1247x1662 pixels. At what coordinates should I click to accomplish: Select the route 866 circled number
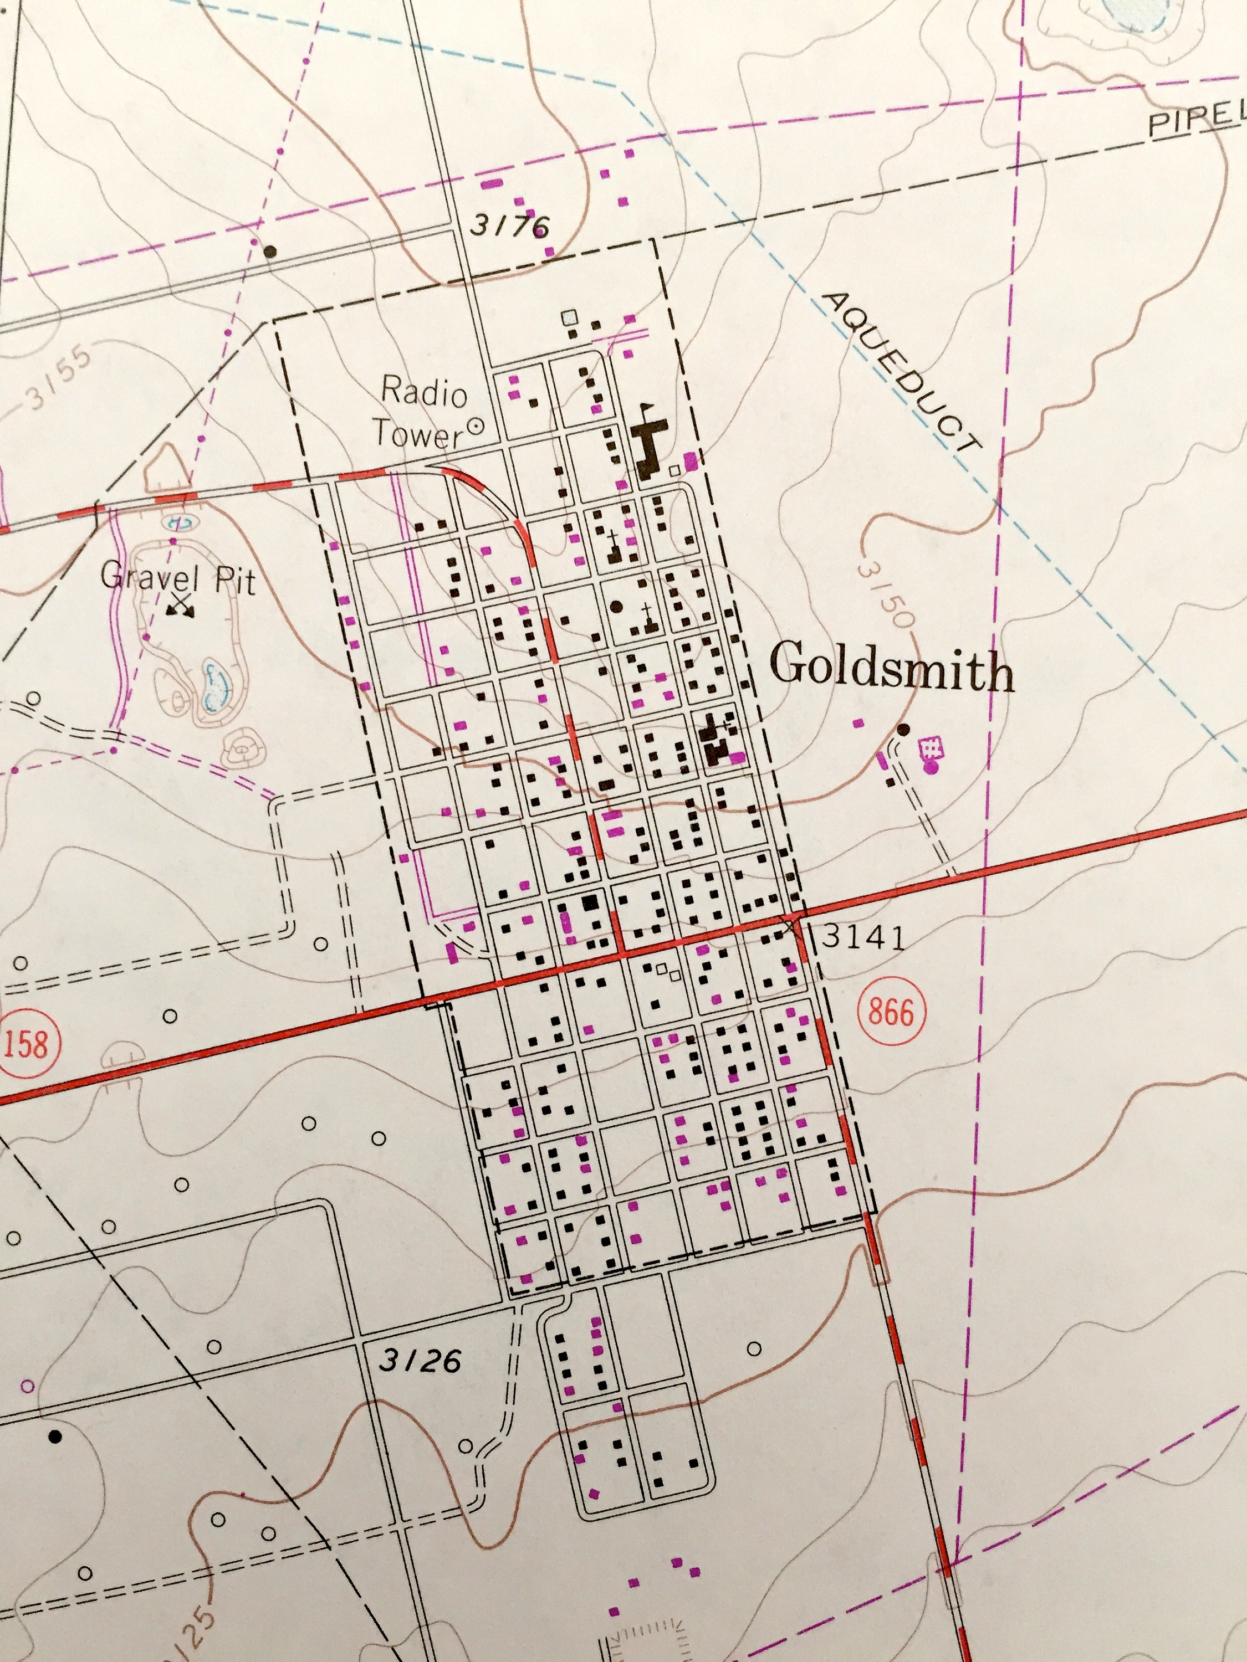891,1012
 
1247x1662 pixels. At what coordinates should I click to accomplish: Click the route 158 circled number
25,1044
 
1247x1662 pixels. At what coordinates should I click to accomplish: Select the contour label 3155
60,376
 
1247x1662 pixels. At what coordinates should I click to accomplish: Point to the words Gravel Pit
178,579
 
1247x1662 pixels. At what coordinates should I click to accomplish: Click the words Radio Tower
422,413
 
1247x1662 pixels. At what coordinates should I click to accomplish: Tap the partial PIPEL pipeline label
1195,120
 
